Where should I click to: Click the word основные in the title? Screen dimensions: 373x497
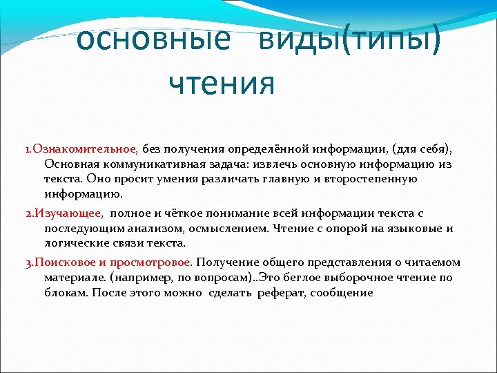pyautogui.click(x=153, y=41)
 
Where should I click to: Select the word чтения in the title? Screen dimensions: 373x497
pyautogui.click(x=222, y=84)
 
